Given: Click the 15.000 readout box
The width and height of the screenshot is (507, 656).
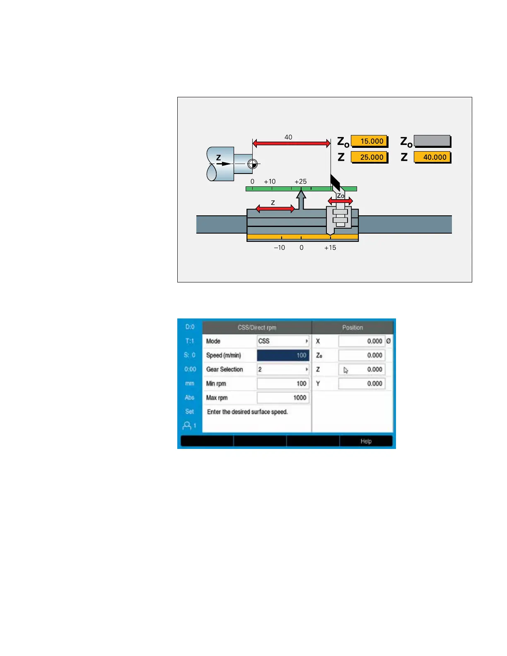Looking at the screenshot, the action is click(369, 141).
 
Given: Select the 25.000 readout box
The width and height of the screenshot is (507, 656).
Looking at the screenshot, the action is click(369, 157).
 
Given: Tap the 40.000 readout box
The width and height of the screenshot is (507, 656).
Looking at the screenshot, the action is click(432, 157).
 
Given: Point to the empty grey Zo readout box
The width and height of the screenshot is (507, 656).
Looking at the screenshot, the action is click(432, 141).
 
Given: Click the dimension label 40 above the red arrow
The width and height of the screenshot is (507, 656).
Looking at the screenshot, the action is click(288, 137).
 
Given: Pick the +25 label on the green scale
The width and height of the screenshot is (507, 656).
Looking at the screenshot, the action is click(300, 181).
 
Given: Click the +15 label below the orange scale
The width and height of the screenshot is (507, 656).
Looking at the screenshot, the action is click(330, 248).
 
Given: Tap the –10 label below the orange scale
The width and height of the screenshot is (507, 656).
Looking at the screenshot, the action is click(280, 248).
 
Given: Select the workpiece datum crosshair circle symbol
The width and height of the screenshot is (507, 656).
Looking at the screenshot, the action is click(252, 164).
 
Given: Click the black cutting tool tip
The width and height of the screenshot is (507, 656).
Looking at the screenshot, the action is click(335, 181).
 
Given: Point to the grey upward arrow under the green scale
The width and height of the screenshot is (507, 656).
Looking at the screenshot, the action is click(302, 199).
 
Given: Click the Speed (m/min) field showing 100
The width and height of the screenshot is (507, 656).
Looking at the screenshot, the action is click(283, 355).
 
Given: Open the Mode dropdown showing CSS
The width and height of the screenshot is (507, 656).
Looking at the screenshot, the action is click(283, 341).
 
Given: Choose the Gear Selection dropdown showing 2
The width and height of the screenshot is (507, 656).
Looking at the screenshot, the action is click(283, 369).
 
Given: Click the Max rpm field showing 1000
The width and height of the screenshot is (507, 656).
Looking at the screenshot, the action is click(283, 398).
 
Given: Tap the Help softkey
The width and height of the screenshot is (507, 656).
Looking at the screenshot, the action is click(366, 441).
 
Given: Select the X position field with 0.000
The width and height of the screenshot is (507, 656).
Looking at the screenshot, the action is click(362, 341).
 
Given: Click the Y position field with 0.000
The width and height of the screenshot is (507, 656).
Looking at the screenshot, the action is click(362, 383).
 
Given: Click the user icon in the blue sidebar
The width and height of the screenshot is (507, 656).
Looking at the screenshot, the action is click(188, 425).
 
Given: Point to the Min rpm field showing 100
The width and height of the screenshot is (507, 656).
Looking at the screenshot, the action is click(283, 383).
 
